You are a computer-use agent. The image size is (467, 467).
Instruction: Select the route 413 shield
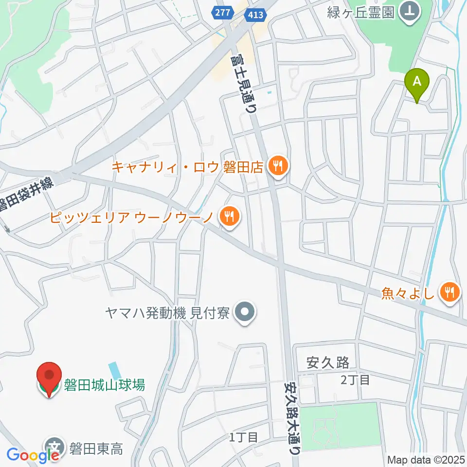coord(255,15)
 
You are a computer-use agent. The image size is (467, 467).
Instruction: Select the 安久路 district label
coord(328,362)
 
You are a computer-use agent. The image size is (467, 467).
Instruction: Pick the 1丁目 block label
coord(243,437)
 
